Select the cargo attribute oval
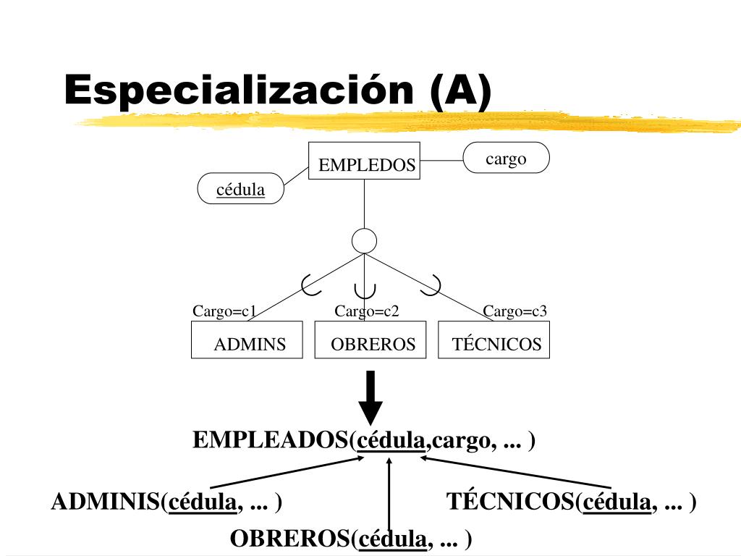click(x=506, y=158)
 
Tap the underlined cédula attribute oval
click(x=241, y=189)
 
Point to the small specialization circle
click(x=364, y=240)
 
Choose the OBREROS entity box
click(x=372, y=340)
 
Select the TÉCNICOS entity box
click(x=494, y=340)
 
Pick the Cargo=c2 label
click(x=367, y=311)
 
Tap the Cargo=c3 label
click(x=515, y=311)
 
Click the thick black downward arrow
click(x=371, y=398)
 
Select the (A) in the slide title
click(x=460, y=92)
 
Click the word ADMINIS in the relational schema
click(x=106, y=502)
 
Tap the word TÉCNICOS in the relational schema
click(x=510, y=502)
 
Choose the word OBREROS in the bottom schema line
click(x=289, y=539)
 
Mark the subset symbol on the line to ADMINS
click(x=310, y=285)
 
